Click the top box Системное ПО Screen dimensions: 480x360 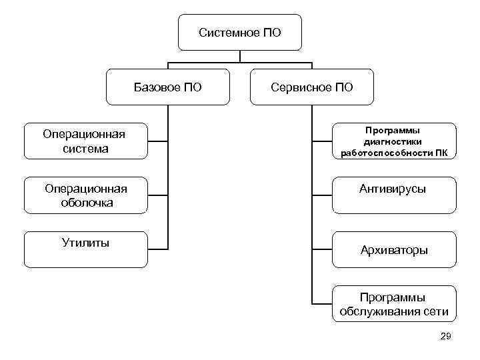pyautogui.click(x=240, y=33)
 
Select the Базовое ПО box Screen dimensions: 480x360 pyautogui.click(x=168, y=87)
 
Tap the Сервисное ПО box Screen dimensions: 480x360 pyautogui.click(x=312, y=87)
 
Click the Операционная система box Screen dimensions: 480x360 pyautogui.click(x=85, y=141)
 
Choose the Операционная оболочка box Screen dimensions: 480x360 pyautogui.click(x=85, y=195)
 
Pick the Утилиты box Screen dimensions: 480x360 pyautogui.click(x=85, y=248)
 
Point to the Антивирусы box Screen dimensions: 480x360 pyautogui.click(x=394, y=195)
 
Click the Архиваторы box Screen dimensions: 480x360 pyautogui.click(x=394, y=250)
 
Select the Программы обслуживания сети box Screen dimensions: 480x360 pyautogui.click(x=394, y=304)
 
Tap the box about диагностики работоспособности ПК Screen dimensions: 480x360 pyautogui.click(x=394, y=141)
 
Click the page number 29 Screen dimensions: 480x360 pyautogui.click(x=446, y=337)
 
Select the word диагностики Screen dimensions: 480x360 pyautogui.click(x=394, y=141)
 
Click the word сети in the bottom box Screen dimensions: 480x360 pyautogui.click(x=436, y=311)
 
